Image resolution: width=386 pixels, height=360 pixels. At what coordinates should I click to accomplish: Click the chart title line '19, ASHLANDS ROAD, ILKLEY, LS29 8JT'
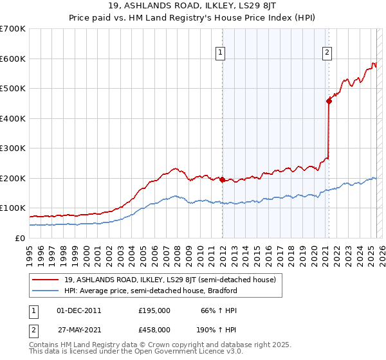[192, 7]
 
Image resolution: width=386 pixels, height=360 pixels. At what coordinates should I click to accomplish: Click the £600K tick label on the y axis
[13, 59]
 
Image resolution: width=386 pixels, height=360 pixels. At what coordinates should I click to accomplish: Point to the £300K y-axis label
[13, 148]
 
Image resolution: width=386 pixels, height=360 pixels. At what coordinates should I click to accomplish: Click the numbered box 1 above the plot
[221, 53]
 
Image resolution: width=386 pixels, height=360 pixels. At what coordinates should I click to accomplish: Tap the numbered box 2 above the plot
[327, 53]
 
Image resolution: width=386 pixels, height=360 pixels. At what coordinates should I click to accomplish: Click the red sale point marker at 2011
[222, 180]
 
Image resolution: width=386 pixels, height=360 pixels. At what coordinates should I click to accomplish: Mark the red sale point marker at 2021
[329, 100]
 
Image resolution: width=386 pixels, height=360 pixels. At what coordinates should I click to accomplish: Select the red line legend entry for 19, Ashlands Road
[170, 279]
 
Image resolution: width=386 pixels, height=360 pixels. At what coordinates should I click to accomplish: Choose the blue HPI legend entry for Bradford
[151, 291]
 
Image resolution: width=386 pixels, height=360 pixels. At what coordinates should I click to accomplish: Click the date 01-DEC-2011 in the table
[79, 310]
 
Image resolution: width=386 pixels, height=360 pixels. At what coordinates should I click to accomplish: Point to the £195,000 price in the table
[154, 310]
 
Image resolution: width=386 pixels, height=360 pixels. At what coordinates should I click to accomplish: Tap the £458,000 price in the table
[154, 329]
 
